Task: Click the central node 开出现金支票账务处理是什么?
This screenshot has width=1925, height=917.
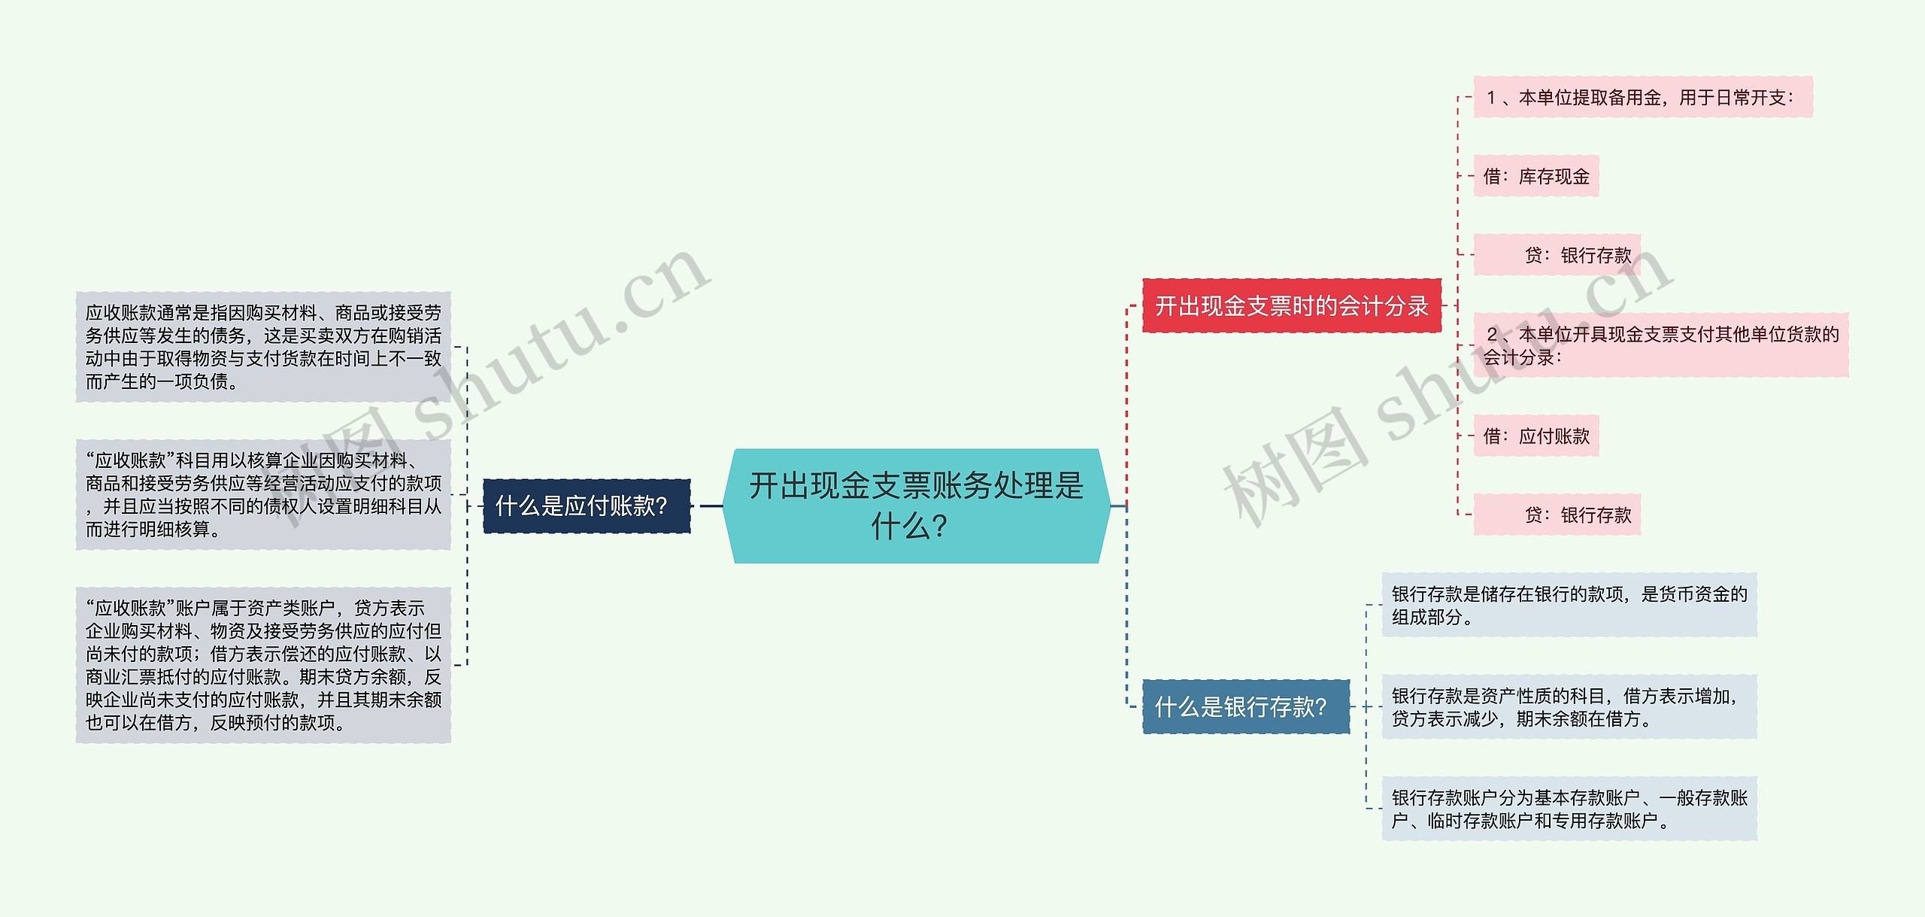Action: coord(916,506)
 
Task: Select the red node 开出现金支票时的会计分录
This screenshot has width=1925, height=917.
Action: coord(1291,305)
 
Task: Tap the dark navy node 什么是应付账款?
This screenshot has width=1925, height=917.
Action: coord(586,506)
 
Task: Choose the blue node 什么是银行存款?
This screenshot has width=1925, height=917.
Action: coord(1245,707)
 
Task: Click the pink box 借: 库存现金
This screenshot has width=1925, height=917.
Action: coord(1535,176)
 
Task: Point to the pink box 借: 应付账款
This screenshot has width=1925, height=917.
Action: coord(1535,436)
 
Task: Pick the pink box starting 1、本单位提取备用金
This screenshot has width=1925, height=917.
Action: coord(1642,97)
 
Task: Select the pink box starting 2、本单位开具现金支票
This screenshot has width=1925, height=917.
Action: coord(1660,345)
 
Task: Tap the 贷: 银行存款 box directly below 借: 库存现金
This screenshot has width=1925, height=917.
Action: coord(1557,255)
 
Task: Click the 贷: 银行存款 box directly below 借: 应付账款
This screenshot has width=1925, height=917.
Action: coord(1557,515)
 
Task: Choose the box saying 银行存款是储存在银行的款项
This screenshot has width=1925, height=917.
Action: coord(1569,605)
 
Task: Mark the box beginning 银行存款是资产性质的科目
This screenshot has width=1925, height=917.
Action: coord(1569,707)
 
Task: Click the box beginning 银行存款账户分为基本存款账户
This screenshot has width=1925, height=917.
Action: coord(1569,809)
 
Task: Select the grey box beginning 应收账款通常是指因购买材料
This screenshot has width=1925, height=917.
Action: coord(263,347)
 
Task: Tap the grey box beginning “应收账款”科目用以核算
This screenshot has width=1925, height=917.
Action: coord(263,494)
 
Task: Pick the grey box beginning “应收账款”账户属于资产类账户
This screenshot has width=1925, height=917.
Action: coord(263,665)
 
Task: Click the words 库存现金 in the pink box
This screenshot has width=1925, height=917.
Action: coord(1554,177)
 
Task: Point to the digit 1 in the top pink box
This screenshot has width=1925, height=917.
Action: coord(1492,98)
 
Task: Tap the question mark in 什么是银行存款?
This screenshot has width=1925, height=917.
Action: coord(1319,707)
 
